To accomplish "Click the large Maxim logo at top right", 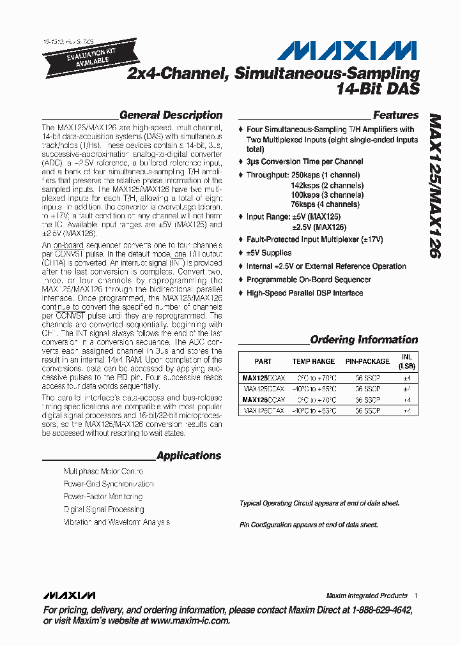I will tap(351, 50).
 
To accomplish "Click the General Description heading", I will tap(171, 116).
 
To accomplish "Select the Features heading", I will tap(395, 116).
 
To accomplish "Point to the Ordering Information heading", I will tap(364, 340).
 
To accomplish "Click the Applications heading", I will tap(188, 456).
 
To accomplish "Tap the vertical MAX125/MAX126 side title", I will tap(434, 186).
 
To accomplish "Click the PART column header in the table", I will tap(263, 361).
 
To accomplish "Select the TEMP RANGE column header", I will tap(314, 361).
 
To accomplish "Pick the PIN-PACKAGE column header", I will tap(367, 361).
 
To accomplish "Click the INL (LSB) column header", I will tap(406, 361).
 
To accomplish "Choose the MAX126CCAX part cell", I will tap(263, 400).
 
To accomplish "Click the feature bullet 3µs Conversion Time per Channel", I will tap(305, 161).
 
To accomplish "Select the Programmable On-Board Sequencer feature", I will tap(309, 280).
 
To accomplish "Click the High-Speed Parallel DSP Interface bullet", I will tap(304, 293).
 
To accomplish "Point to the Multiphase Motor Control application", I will tap(103, 471).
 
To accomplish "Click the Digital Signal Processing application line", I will tap(103, 509).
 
